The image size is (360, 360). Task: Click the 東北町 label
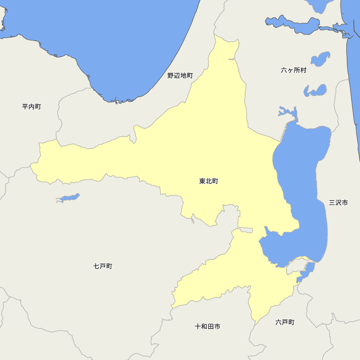[x=208, y=181]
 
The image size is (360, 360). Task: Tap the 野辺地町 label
[x=180, y=76]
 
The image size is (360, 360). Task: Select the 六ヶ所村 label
[x=293, y=70]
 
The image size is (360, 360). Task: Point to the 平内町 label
[x=31, y=107]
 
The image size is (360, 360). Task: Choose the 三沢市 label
[x=338, y=203]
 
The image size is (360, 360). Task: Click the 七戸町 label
[x=103, y=266]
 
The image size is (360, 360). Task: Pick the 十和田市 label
[x=207, y=327]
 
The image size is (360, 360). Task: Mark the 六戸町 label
[x=285, y=322]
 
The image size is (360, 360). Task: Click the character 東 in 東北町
[x=202, y=181]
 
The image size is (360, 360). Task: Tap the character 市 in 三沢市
[x=345, y=203]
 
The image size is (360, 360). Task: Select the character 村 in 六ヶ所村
[x=303, y=70]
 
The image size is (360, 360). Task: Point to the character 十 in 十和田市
[x=198, y=327]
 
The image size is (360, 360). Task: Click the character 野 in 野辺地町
[x=171, y=76]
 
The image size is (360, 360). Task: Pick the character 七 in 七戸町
[x=96, y=266]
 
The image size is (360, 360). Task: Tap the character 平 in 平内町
[x=25, y=107]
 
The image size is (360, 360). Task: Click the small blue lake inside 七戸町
[x=68, y=198]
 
